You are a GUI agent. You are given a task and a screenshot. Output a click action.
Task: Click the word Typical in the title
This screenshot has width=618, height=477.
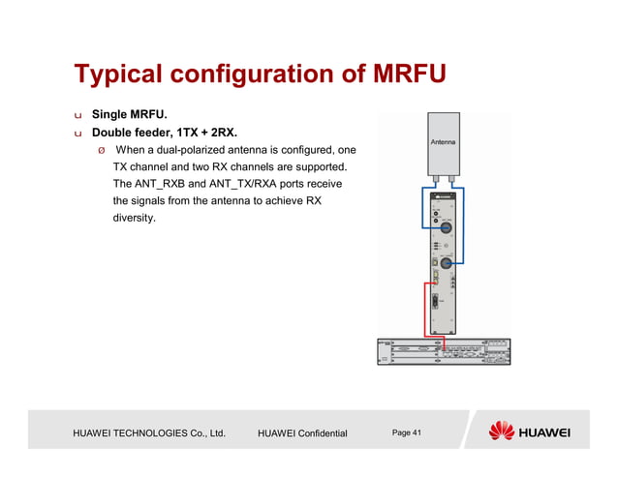[x=117, y=75]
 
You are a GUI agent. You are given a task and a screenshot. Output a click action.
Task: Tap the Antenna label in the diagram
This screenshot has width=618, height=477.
[x=443, y=143]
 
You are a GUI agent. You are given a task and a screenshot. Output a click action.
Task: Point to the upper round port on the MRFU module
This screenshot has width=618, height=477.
[x=444, y=229]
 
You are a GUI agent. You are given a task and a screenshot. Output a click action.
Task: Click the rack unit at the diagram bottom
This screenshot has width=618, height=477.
[x=444, y=350]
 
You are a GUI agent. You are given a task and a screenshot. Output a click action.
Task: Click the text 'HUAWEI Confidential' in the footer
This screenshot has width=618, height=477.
[x=301, y=432]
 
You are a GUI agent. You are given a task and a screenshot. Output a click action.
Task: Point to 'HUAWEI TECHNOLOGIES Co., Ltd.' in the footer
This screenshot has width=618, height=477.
[x=149, y=432]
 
